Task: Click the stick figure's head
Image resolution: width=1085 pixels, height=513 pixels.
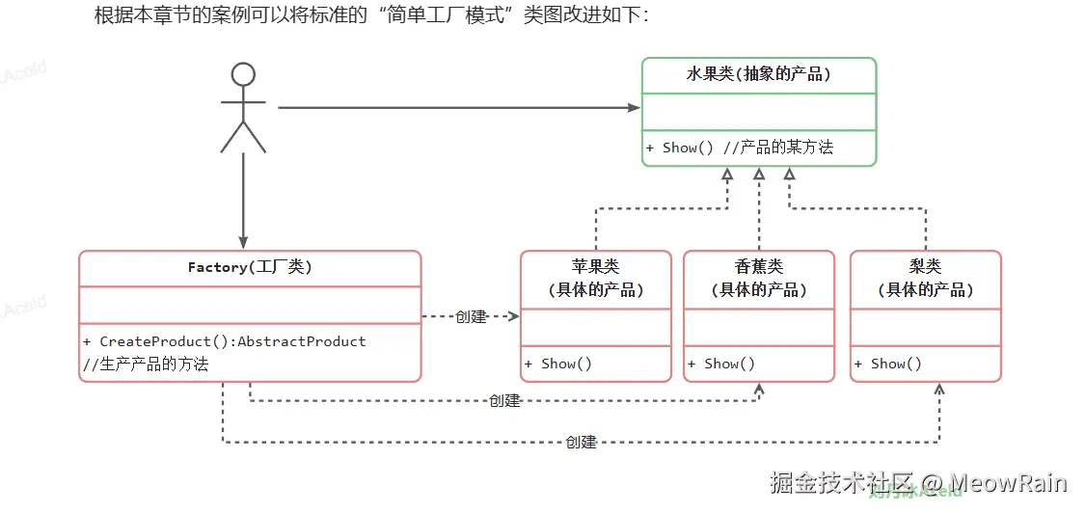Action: (243, 75)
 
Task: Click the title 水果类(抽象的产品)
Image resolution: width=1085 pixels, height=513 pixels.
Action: (759, 74)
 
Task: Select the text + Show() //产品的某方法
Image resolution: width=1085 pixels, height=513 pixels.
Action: (739, 148)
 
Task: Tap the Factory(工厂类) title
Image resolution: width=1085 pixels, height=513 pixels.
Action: (250, 267)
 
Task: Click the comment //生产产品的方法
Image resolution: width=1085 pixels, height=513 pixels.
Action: (146, 364)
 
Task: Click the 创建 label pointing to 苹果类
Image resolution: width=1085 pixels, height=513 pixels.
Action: (471, 316)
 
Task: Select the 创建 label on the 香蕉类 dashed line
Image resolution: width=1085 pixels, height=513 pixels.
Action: (504, 400)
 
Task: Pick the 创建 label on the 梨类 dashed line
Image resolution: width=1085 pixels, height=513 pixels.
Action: (582, 443)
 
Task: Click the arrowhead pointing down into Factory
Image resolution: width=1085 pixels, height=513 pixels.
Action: (243, 241)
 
